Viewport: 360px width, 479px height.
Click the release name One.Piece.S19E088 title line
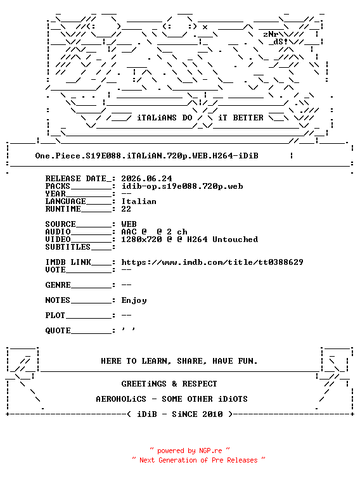tap(146, 156)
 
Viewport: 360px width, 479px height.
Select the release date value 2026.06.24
tap(146, 179)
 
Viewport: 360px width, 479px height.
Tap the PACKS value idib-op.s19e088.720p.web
tap(182, 186)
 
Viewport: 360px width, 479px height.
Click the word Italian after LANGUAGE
tap(139, 201)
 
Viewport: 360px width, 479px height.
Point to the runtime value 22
tap(126, 209)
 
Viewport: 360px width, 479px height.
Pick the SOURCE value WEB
tap(129, 224)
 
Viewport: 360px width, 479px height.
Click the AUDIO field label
tap(58, 232)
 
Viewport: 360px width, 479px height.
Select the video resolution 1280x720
tap(141, 239)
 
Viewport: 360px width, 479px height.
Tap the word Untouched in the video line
tap(235, 239)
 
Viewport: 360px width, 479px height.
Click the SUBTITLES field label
tap(68, 247)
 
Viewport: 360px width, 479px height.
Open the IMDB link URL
tap(212, 262)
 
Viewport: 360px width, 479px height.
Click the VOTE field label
tap(55, 270)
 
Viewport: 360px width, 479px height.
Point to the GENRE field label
tap(58, 285)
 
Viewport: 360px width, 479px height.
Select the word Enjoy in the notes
tap(134, 300)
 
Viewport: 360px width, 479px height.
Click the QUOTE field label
tap(58, 331)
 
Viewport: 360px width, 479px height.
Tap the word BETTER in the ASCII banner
tap(248, 118)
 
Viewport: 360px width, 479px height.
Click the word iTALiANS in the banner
tap(157, 118)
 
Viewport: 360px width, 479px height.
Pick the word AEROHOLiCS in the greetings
tap(121, 399)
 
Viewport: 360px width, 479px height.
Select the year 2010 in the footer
tap(212, 414)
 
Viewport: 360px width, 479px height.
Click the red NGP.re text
tap(210, 451)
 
